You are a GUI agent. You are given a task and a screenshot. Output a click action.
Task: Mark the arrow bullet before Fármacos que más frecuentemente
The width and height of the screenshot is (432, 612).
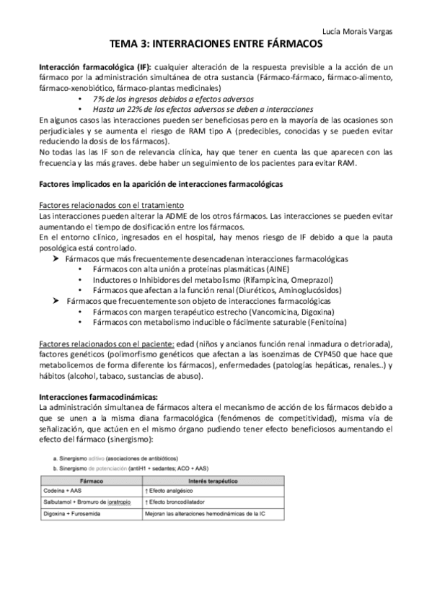[x=56, y=258]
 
